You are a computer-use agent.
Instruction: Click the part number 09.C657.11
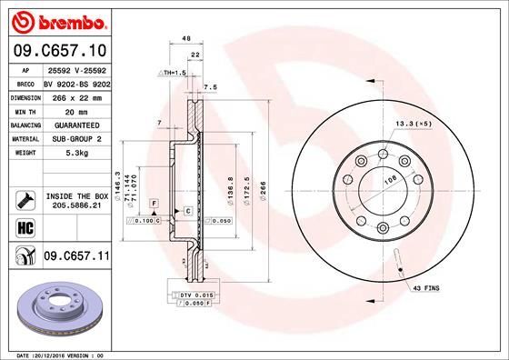(77, 258)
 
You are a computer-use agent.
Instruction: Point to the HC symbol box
(24, 226)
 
